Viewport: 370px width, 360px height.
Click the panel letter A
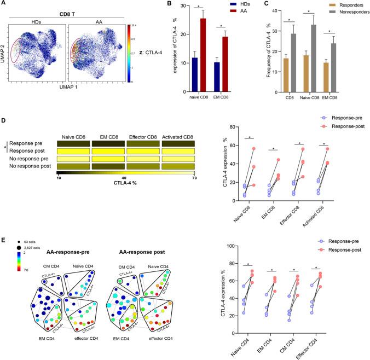5,4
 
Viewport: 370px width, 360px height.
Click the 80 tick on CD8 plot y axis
235,127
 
